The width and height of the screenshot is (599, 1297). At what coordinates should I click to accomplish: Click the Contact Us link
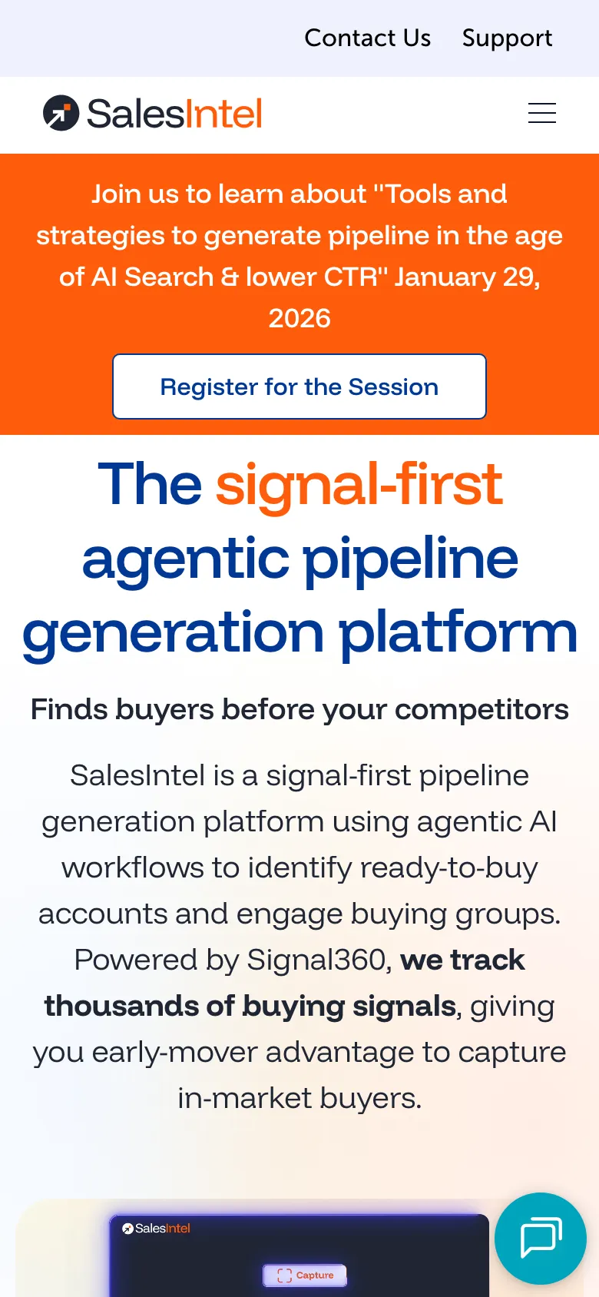pos(367,38)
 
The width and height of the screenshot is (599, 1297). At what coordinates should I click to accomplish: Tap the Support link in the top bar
pos(507,38)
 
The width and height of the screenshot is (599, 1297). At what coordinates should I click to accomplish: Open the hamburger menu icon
pos(541,114)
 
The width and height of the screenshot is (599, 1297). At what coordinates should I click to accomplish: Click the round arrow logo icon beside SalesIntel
pos(61,114)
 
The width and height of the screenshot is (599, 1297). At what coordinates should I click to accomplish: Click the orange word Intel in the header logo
pos(224,114)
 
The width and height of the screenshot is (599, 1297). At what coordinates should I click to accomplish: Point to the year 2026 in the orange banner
pos(299,318)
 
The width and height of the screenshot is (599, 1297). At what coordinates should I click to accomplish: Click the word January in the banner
pos(445,277)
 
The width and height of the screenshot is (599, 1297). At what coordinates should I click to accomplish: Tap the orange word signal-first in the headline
pos(359,484)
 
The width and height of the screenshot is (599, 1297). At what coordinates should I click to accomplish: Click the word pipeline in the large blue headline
pos(411,558)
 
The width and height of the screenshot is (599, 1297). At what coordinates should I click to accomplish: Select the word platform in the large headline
pos(458,632)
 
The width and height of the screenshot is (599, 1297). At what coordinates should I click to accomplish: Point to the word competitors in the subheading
pos(482,709)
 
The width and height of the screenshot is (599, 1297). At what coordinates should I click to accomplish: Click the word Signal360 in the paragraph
pos(316,960)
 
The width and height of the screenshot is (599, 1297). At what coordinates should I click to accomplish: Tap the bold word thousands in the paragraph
pos(139,1006)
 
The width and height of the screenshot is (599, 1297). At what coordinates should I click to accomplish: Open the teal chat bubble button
pos(541,1238)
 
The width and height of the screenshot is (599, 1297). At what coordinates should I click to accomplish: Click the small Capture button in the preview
pos(305,1275)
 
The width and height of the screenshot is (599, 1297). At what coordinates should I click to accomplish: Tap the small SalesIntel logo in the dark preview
pos(157,1229)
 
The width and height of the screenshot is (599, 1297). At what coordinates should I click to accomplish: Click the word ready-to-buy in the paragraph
pos(448,867)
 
